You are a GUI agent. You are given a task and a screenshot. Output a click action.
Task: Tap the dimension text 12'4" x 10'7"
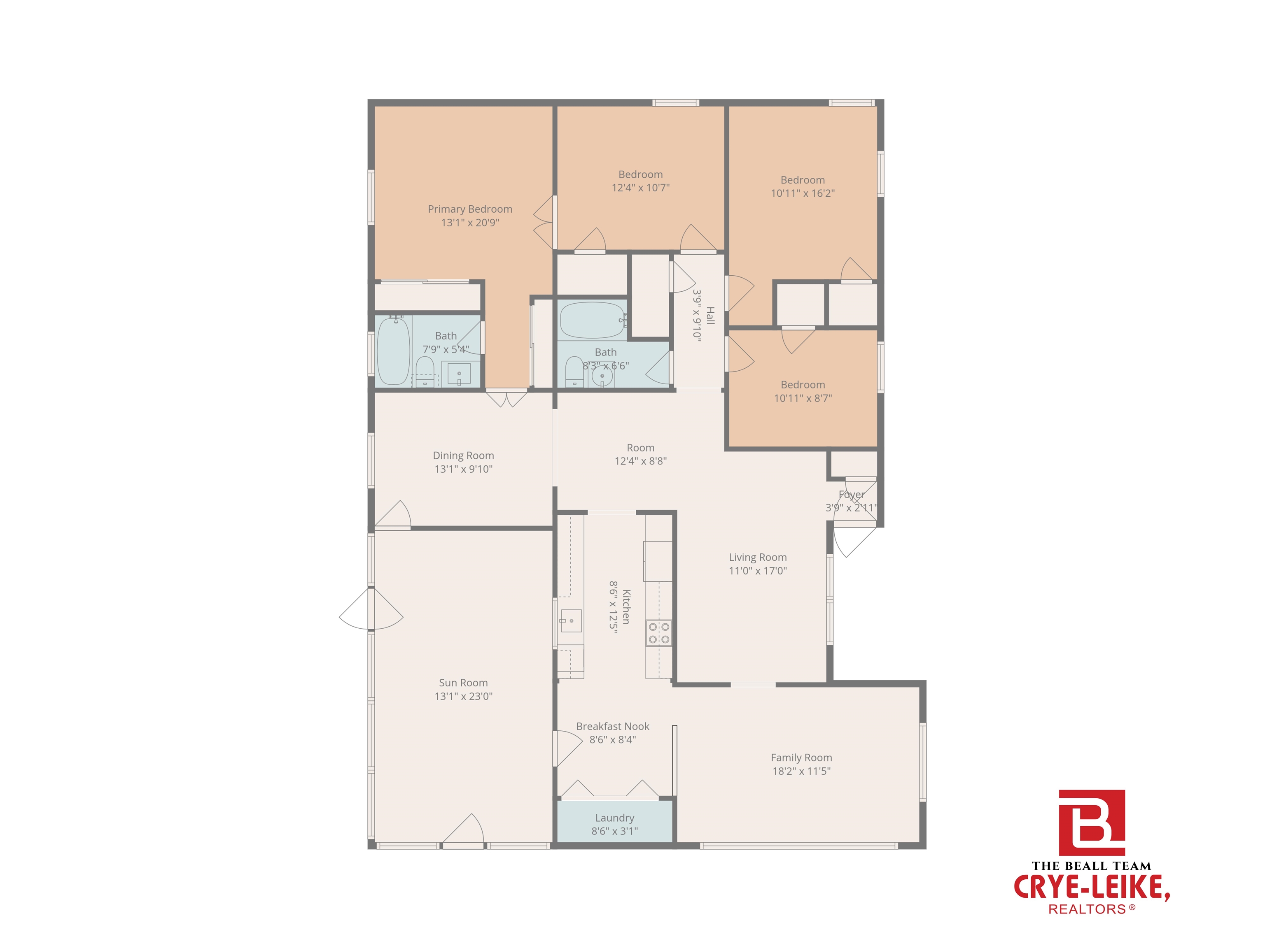(x=640, y=188)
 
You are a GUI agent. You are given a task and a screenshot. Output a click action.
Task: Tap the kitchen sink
(x=570, y=620)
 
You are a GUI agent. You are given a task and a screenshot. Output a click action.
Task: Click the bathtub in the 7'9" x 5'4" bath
(x=393, y=350)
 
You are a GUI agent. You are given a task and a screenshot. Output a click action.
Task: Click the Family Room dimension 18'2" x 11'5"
(x=801, y=771)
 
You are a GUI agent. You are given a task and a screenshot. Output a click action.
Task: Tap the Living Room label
(x=757, y=557)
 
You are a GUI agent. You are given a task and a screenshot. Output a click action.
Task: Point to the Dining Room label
(x=463, y=455)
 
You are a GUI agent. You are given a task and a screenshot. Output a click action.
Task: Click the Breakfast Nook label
(x=612, y=726)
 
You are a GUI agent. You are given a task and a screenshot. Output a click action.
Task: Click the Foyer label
(x=851, y=494)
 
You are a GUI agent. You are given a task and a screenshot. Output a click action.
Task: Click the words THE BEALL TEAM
(x=1091, y=866)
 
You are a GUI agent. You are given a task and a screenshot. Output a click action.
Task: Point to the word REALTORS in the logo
(x=1087, y=909)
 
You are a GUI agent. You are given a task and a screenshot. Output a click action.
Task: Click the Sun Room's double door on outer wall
(x=371, y=609)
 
